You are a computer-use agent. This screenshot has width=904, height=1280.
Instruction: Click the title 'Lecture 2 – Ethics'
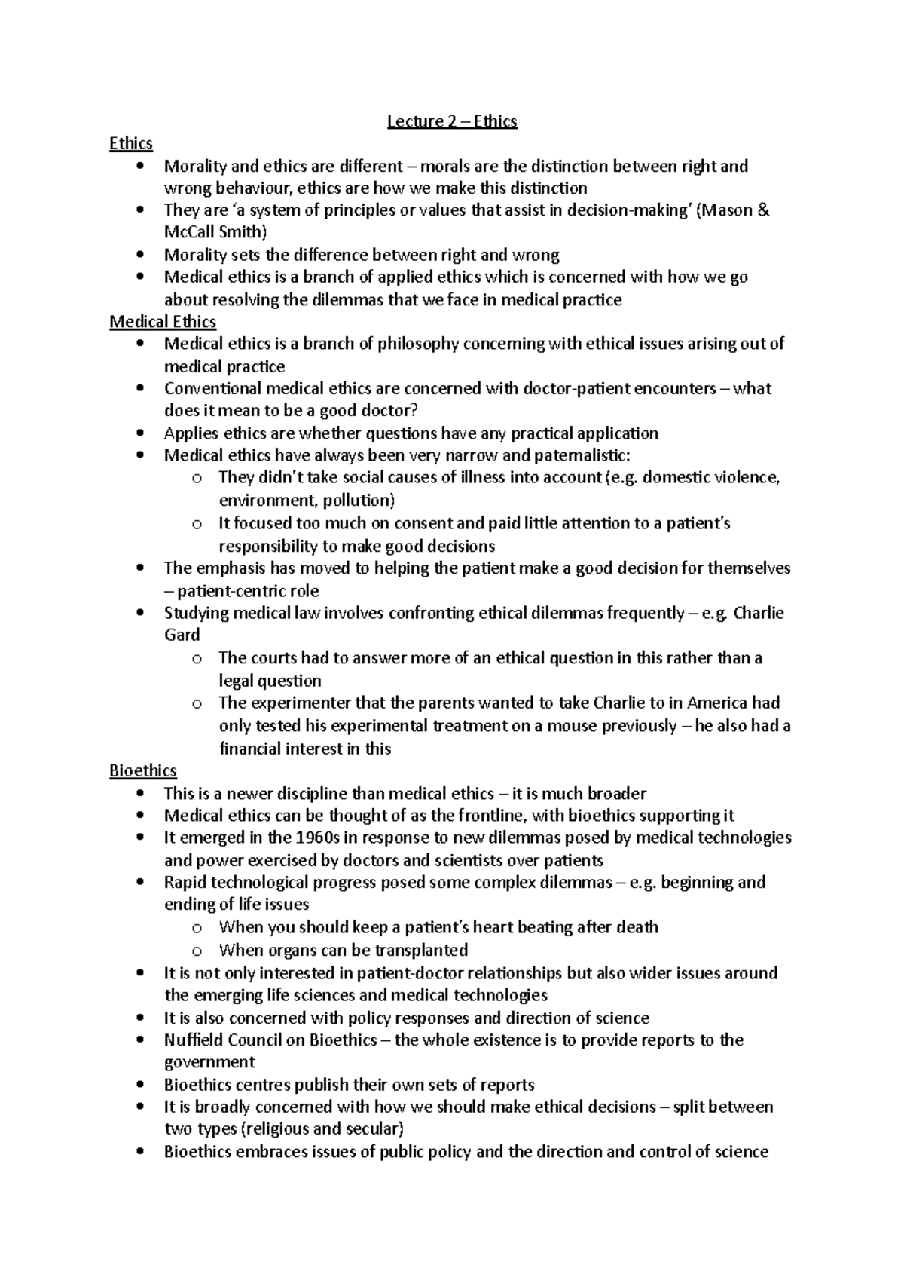(452, 121)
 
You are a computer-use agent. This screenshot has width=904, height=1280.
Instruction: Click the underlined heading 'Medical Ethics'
(163, 322)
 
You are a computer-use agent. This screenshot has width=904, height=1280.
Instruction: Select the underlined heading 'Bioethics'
(143, 770)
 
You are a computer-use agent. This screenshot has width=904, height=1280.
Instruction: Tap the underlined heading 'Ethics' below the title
(131, 143)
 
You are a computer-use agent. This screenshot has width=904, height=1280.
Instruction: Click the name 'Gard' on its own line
(182, 635)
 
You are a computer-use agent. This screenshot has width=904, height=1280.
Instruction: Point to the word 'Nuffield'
(194, 1040)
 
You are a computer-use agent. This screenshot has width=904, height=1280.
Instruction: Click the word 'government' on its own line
(209, 1062)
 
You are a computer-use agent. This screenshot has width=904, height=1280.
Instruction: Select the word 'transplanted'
(421, 950)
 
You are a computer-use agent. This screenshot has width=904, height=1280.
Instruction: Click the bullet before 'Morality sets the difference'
(141, 255)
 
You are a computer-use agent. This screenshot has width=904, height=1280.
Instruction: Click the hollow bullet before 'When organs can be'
(197, 951)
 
